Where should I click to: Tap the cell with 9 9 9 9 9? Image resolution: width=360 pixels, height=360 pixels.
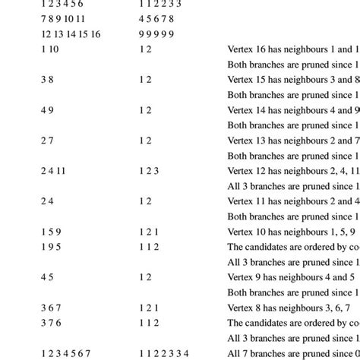pos(157,34)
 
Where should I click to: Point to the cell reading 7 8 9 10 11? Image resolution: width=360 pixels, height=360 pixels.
pos(63,19)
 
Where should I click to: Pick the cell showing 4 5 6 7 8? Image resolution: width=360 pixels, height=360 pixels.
pos(157,19)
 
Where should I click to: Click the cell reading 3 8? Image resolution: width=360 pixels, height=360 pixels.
pos(48,80)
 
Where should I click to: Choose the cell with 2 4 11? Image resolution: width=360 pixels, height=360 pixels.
pos(53,171)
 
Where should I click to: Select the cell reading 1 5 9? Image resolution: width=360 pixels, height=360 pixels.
pos(51,232)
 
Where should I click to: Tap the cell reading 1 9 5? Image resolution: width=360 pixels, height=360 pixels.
pos(51,247)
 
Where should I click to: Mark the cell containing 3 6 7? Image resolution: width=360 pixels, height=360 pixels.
pos(51,308)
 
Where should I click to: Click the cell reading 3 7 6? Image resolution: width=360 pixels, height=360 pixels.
pos(51,323)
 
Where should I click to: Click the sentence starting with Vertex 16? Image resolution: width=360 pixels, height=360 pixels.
pos(293,49)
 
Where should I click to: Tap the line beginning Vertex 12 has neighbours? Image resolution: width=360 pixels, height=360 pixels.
pos(293,171)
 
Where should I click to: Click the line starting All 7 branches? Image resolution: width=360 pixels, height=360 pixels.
pos(293,353)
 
